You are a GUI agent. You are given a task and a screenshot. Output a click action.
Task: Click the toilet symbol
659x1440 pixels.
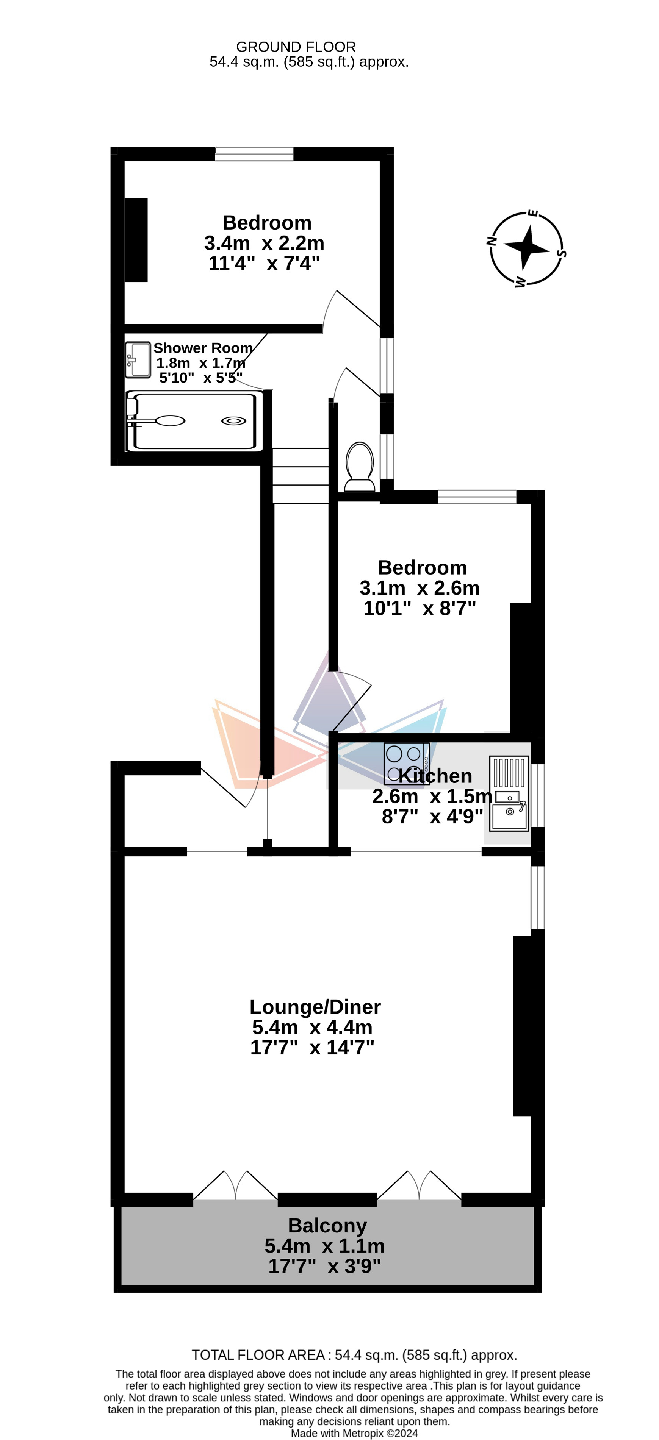360,467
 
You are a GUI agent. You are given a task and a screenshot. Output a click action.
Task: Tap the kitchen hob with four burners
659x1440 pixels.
407,764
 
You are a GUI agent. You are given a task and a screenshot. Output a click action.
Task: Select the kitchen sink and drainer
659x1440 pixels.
509,793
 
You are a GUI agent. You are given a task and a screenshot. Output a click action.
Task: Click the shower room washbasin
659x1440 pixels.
138,360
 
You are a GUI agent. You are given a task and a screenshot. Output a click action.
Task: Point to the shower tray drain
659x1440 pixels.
233,421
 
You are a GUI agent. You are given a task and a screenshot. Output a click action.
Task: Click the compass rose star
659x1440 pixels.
526,247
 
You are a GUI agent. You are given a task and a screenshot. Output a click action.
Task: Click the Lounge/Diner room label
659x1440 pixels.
315,1007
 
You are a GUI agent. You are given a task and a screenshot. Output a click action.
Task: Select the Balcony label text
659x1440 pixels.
327,1225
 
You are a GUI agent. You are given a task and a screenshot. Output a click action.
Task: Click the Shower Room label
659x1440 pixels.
202,348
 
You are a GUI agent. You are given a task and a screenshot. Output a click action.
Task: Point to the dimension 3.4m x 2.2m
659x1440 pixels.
264,243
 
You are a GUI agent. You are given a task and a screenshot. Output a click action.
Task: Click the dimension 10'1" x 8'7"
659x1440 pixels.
420,608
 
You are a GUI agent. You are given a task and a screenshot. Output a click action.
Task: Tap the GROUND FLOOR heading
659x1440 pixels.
296,47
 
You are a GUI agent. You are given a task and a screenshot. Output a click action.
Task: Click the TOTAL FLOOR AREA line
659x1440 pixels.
354,1355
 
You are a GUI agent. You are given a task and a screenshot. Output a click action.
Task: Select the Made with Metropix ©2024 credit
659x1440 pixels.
354,1433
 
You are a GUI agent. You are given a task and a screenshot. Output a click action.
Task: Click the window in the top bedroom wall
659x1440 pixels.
254,154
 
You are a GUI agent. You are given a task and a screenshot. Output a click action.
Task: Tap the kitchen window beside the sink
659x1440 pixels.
537,795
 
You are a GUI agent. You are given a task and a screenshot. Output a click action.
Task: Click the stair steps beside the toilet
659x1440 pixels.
301,476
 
